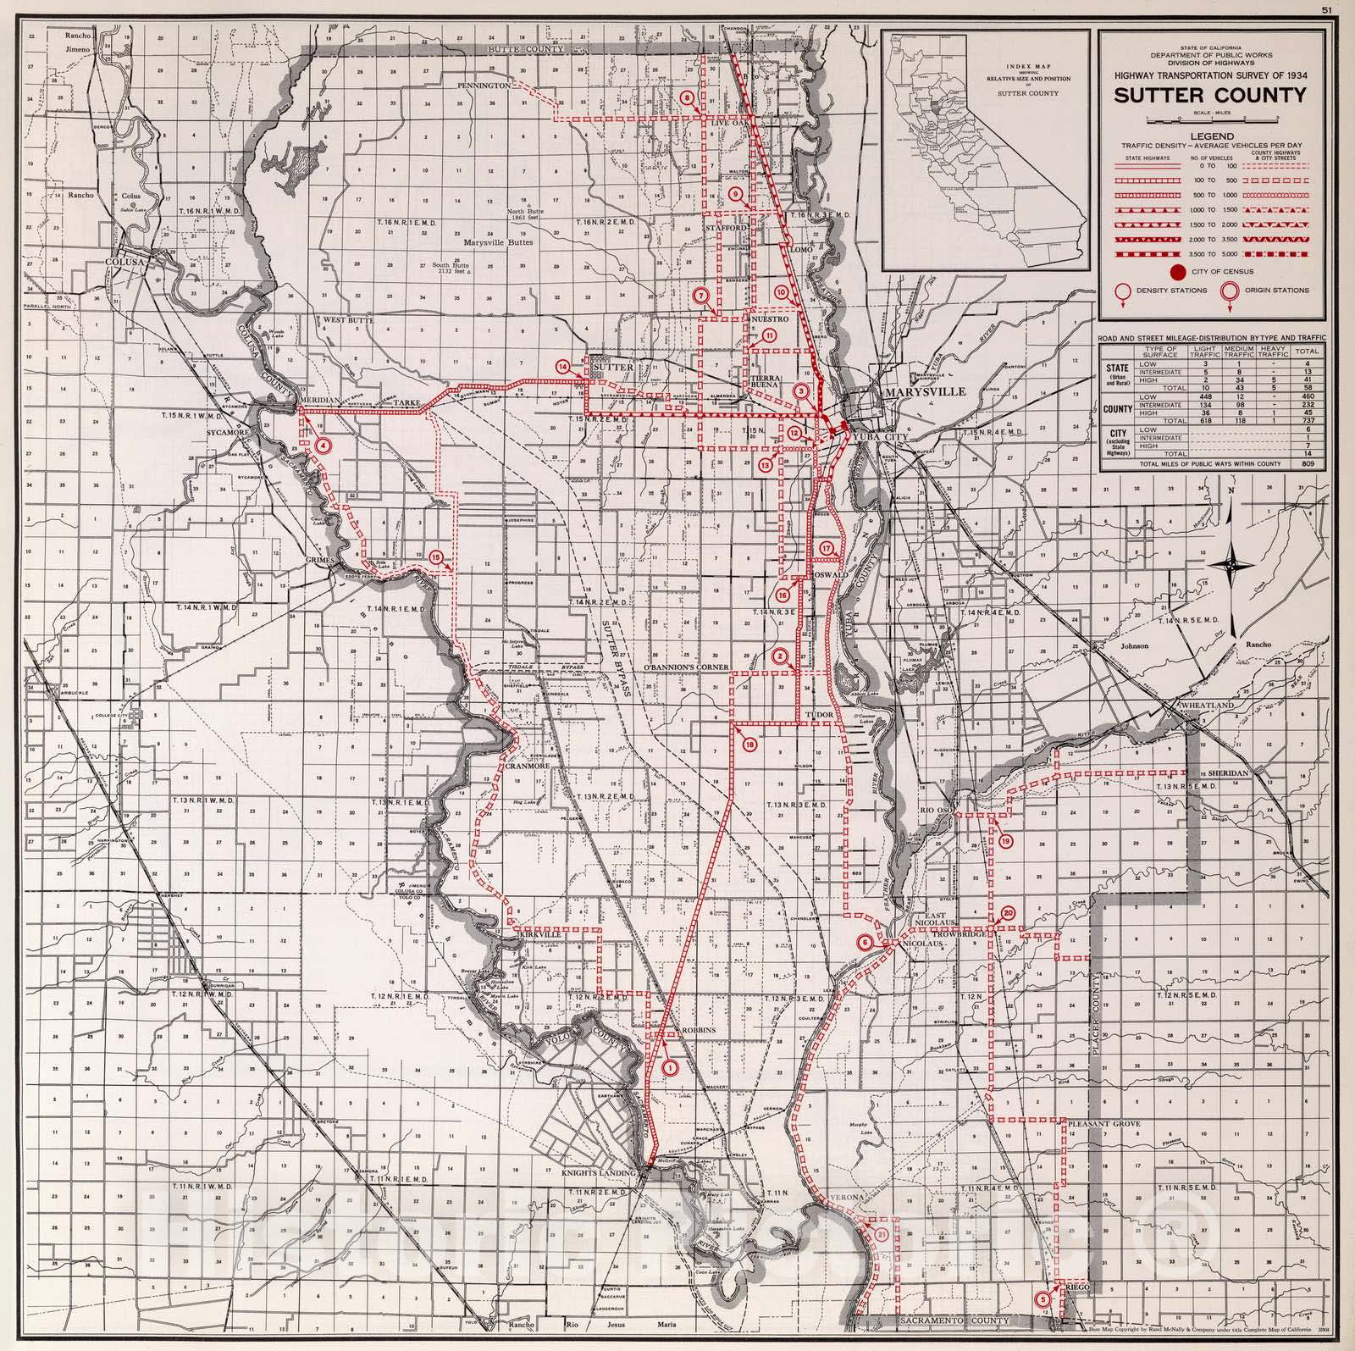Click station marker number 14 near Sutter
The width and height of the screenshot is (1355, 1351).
click(563, 366)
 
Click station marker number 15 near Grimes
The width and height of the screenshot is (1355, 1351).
click(435, 556)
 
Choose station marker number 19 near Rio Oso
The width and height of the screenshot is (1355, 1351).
click(1006, 841)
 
